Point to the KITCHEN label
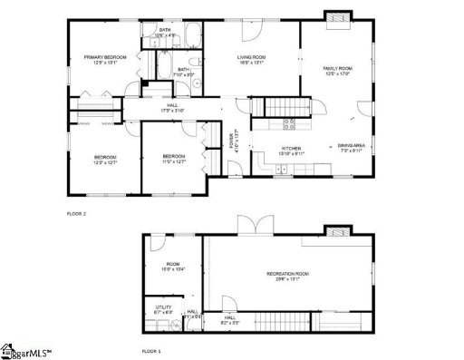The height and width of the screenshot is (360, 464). [x=291, y=147]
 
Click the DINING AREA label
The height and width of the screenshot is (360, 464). [x=351, y=146]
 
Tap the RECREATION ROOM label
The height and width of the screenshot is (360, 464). [x=288, y=273]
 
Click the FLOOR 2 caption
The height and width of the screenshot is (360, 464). [x=76, y=213]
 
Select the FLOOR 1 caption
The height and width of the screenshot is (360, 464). [x=150, y=349]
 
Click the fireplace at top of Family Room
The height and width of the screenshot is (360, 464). [x=336, y=17]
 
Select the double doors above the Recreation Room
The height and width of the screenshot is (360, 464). [x=250, y=224]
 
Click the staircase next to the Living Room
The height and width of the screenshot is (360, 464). [x=275, y=106]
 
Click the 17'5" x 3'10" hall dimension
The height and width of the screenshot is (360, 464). [x=172, y=111]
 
